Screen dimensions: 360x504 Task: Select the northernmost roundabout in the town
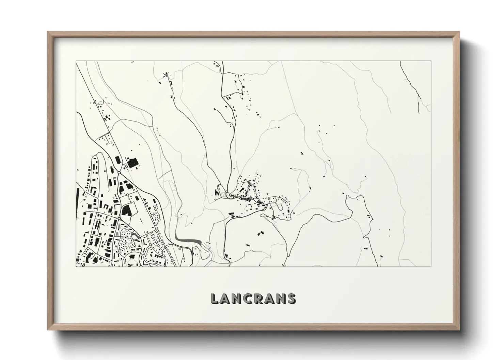[119, 173]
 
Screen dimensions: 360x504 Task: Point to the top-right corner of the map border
[431, 61]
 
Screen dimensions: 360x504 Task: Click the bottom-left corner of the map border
[76, 267]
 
